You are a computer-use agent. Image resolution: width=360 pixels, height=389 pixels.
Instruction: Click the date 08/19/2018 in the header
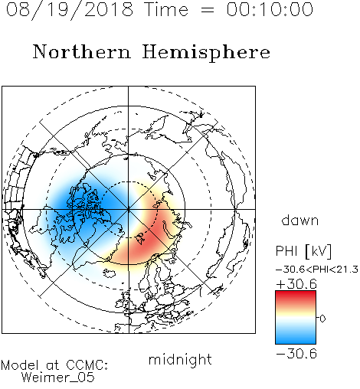70,10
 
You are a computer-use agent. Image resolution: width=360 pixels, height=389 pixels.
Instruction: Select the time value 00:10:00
270,9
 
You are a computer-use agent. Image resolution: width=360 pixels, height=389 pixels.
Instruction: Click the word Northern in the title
82,52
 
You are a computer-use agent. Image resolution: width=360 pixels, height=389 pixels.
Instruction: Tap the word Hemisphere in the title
206,53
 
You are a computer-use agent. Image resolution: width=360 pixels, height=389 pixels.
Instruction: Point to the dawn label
300,220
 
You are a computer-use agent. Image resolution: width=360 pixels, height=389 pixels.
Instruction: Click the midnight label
180,360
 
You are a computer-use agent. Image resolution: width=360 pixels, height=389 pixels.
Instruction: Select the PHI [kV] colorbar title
303,251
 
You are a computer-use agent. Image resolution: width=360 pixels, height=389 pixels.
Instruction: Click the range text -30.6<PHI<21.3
317,270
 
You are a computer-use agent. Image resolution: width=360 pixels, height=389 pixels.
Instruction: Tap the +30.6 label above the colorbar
296,284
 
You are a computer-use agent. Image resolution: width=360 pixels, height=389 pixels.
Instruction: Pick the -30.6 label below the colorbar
296,354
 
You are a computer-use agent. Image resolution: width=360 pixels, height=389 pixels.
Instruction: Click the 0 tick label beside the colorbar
322,319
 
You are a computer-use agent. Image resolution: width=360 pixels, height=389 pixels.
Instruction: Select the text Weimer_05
58,378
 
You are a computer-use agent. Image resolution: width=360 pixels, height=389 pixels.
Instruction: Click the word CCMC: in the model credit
87,365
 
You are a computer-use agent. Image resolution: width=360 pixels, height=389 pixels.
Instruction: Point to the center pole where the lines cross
129,209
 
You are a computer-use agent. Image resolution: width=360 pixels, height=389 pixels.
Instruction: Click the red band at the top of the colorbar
296,297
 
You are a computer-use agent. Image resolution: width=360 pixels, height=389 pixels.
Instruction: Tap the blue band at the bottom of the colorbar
296,338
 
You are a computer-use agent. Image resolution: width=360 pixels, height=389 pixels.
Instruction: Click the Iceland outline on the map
110,273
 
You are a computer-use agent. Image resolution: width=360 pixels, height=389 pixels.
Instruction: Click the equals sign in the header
208,11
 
